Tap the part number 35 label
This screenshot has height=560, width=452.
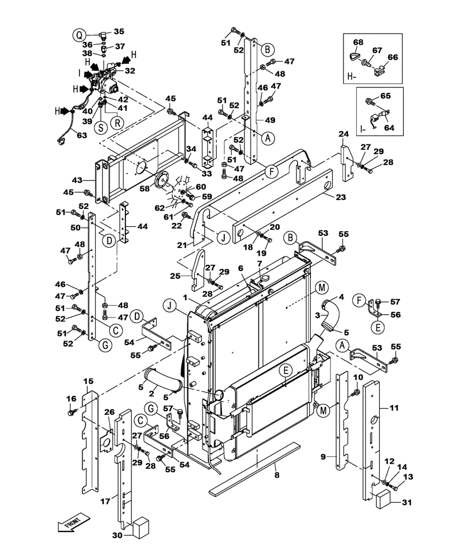click(x=119, y=31)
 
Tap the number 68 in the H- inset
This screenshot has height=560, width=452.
click(x=358, y=42)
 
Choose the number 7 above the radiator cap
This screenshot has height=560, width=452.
click(x=259, y=263)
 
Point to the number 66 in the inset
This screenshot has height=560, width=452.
click(x=393, y=57)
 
